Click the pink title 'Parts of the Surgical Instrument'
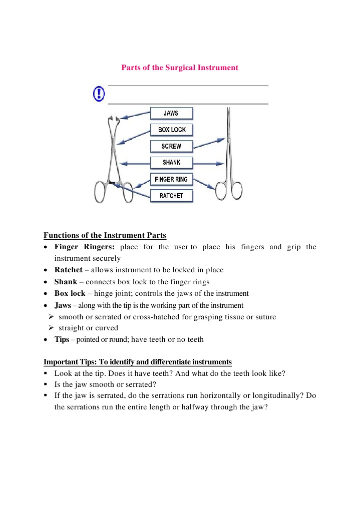[180, 68]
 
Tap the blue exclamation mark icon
[99, 94]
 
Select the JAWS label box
[171, 113]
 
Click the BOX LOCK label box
[171, 130]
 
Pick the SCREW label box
[171, 146]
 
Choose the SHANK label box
[171, 163]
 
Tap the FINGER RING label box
[171, 179]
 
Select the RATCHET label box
[171, 196]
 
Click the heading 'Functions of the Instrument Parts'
[105, 235]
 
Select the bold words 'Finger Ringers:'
[85, 247]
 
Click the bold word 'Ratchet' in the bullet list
[68, 270]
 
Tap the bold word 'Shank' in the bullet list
[65, 282]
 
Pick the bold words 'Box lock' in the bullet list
[70, 294]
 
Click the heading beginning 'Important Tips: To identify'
[138, 362]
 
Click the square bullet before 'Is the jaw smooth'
[46, 384]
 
